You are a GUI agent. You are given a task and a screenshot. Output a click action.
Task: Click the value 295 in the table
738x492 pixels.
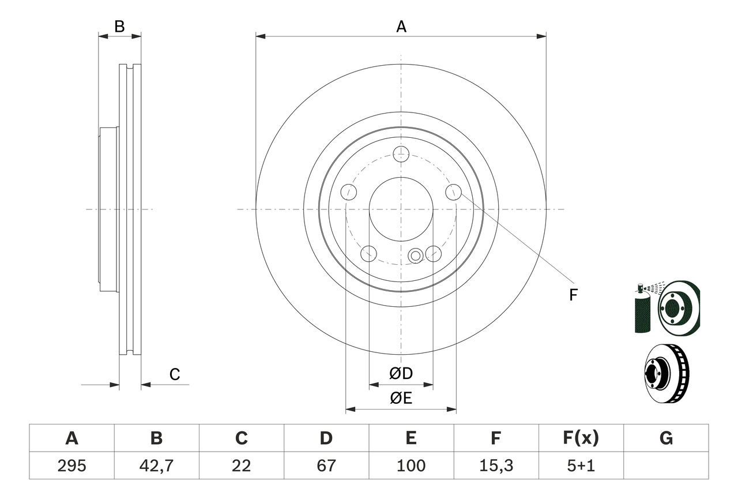coord(71,465)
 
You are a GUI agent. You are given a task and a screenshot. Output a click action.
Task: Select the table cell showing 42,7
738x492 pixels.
coord(156,465)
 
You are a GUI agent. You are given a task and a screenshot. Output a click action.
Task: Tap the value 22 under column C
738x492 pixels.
coord(241,465)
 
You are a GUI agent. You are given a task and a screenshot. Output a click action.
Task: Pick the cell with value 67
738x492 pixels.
coord(326,465)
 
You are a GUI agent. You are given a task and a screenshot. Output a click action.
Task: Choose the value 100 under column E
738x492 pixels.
coord(411,465)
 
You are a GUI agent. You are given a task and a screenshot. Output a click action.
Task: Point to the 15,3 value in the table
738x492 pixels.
coord(495,465)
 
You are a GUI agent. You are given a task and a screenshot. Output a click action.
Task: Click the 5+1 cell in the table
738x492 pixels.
coord(580,465)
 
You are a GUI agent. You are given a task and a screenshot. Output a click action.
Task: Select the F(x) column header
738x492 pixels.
coord(580,438)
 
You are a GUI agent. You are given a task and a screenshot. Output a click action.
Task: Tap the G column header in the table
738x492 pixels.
coord(666,438)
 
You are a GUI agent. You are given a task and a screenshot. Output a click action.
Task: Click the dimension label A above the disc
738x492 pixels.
coord(401,27)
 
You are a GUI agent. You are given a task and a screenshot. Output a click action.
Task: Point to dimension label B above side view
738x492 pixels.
coord(119,27)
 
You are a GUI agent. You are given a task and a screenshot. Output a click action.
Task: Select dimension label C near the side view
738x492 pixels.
coord(175,375)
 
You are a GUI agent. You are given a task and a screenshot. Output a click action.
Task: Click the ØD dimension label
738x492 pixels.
coord(401,374)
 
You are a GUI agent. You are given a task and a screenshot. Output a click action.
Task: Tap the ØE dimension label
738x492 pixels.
coord(401,399)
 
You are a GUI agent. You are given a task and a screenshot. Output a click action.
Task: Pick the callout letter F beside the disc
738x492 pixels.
coord(573,295)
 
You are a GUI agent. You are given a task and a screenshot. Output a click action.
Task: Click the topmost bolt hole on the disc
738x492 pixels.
coord(401,154)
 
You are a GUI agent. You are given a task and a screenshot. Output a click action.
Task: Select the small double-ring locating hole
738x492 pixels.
coord(415,256)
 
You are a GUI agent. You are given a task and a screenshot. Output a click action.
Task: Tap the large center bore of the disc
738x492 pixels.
coord(401,209)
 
